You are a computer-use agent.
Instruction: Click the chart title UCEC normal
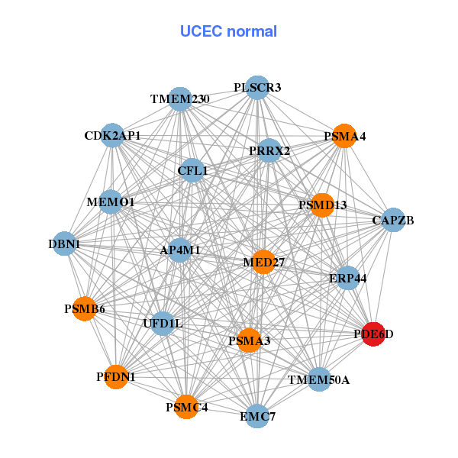pyautogui.click(x=228, y=31)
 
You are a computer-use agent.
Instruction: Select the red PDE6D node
pyautogui.click(x=373, y=334)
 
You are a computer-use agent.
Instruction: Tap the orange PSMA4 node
pyautogui.click(x=344, y=136)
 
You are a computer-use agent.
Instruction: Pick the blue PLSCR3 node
pyautogui.click(x=258, y=88)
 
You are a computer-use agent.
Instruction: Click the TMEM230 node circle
pyautogui.click(x=180, y=99)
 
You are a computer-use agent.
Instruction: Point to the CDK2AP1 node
pyautogui.click(x=112, y=136)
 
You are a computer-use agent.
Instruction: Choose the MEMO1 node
pyautogui.click(x=111, y=202)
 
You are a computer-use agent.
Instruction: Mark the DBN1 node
pyautogui.click(x=65, y=244)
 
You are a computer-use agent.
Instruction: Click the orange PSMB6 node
pyautogui.click(x=84, y=309)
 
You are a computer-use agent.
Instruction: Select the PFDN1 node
pyautogui.click(x=116, y=376)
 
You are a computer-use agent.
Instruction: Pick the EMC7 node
pyautogui.click(x=257, y=417)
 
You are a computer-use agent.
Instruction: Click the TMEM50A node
pyautogui.click(x=319, y=379)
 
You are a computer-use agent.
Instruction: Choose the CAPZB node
pyautogui.click(x=392, y=221)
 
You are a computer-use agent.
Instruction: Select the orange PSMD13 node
pyautogui.click(x=322, y=205)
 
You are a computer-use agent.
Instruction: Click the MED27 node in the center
pyautogui.click(x=263, y=263)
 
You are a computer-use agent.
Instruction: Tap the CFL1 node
pyautogui.click(x=192, y=171)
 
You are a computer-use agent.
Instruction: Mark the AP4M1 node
pyautogui.click(x=180, y=250)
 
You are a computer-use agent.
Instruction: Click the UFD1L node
pyautogui.click(x=163, y=324)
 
